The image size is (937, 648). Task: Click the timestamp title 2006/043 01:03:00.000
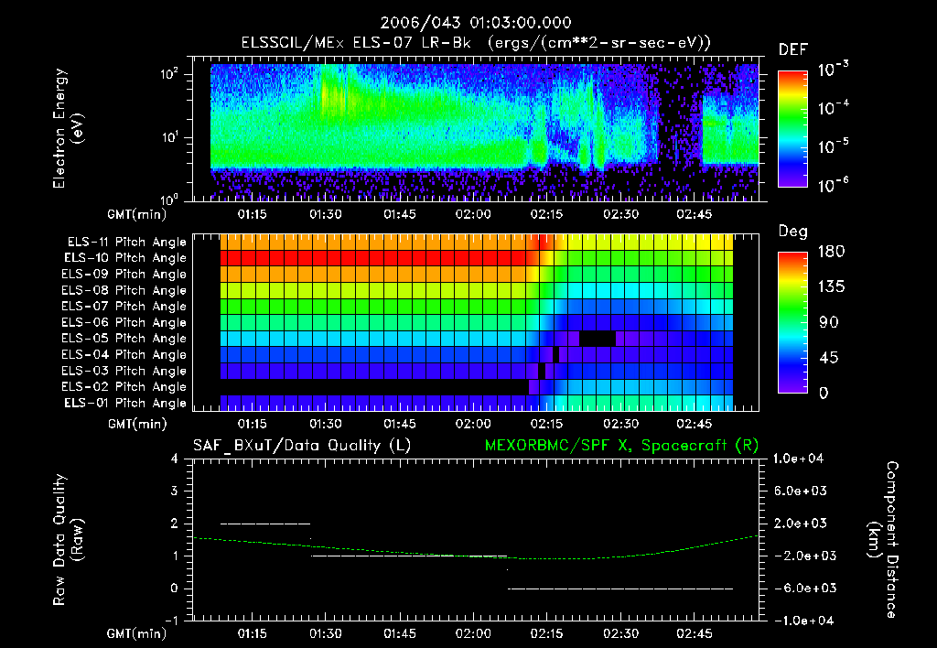coord(468,23)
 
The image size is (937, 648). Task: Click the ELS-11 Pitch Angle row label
coord(126,243)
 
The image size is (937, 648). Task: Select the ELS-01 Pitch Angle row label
coord(126,403)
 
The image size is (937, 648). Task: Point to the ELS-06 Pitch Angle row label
coord(126,322)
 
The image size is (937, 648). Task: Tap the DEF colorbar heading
coord(792,49)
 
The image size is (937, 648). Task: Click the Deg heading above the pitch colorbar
coord(792,232)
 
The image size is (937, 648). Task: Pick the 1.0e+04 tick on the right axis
coord(802,459)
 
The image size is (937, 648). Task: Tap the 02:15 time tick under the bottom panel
coord(546,633)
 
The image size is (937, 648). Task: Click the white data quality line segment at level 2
coord(265,524)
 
